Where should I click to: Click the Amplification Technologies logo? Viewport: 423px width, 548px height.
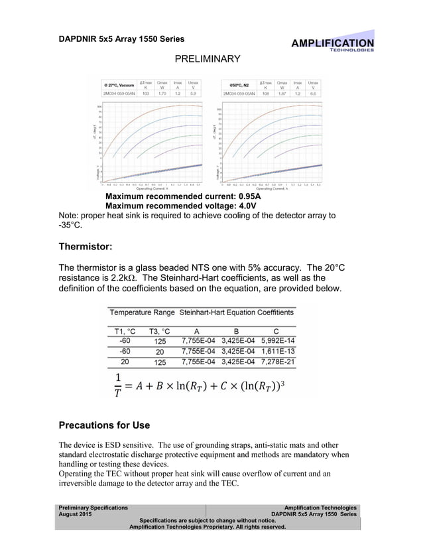[x=333, y=44]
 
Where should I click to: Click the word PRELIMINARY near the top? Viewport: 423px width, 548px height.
[x=207, y=60]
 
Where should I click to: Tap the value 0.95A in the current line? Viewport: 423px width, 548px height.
[x=245, y=197]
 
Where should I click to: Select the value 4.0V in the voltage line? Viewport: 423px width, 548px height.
[x=243, y=206]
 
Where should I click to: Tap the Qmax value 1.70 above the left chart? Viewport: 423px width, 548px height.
[x=162, y=94]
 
